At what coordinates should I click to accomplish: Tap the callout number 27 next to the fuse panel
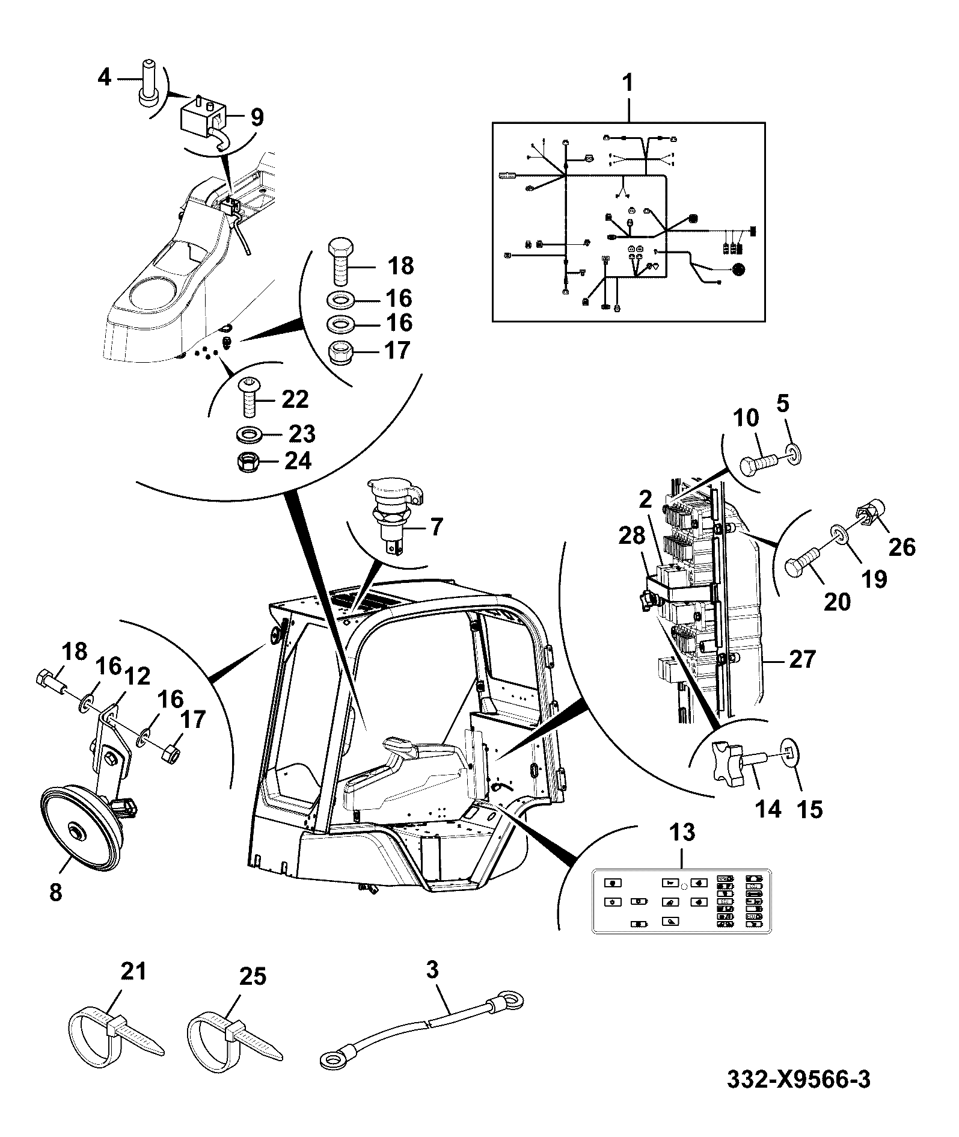(x=802, y=659)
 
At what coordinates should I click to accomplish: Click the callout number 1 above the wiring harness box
(x=628, y=82)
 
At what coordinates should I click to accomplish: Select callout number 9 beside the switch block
(x=257, y=117)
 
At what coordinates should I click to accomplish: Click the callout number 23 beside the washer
(x=302, y=434)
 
